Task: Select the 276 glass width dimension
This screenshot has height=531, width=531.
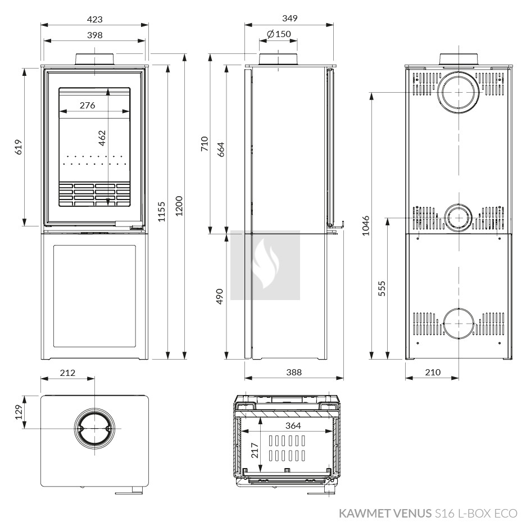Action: (87, 105)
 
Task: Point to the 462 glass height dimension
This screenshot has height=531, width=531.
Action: (102, 139)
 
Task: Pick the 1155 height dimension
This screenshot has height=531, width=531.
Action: (162, 211)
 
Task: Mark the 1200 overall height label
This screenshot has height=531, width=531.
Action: (179, 206)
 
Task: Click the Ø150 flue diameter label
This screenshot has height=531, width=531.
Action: (279, 35)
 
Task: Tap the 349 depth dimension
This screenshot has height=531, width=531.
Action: (289, 18)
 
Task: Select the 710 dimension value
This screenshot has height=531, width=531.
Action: (205, 144)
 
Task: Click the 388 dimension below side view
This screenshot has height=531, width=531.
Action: (293, 372)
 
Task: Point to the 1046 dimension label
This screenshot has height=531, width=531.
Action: (366, 225)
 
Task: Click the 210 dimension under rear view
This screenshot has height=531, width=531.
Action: (432, 372)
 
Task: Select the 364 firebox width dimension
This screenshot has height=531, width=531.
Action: (293, 426)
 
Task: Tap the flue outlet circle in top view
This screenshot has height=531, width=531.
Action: (94, 429)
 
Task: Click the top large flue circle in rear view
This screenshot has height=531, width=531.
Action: (459, 92)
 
